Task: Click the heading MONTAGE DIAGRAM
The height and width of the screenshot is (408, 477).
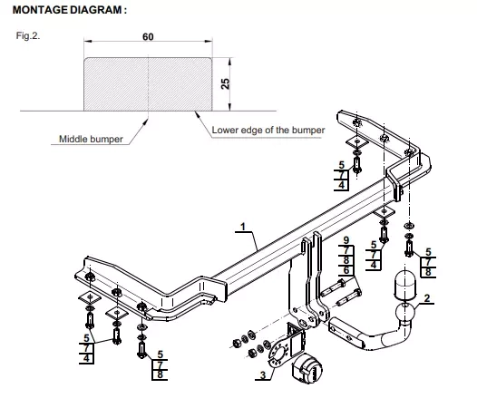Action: [x=69, y=10]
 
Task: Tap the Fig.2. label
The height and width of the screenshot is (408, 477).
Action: [x=28, y=35]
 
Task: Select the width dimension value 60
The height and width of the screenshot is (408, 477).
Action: [x=148, y=37]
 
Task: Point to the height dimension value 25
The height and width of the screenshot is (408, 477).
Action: [x=226, y=83]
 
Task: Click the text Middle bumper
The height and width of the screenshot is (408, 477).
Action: [x=91, y=139]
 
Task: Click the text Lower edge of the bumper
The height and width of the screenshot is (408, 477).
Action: [x=268, y=130]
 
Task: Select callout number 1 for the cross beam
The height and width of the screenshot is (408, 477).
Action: [x=242, y=227]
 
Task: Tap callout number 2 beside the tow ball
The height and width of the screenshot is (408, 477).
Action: [x=427, y=298]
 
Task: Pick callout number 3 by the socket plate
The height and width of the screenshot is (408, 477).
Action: [x=263, y=375]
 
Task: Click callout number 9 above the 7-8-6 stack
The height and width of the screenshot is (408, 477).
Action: [x=346, y=240]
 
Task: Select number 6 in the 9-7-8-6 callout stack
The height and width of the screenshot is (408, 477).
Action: [x=346, y=270]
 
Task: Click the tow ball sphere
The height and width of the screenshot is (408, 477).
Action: [x=405, y=312]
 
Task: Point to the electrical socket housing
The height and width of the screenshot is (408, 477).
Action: [x=307, y=368]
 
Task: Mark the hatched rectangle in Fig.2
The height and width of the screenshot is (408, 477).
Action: [x=148, y=84]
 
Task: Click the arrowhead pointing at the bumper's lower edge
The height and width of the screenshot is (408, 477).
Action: [x=197, y=114]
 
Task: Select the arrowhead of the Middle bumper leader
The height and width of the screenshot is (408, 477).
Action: [x=146, y=121]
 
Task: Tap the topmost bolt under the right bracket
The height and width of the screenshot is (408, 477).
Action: [x=356, y=165]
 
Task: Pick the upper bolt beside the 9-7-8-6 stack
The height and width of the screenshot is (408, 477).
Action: [x=333, y=287]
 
